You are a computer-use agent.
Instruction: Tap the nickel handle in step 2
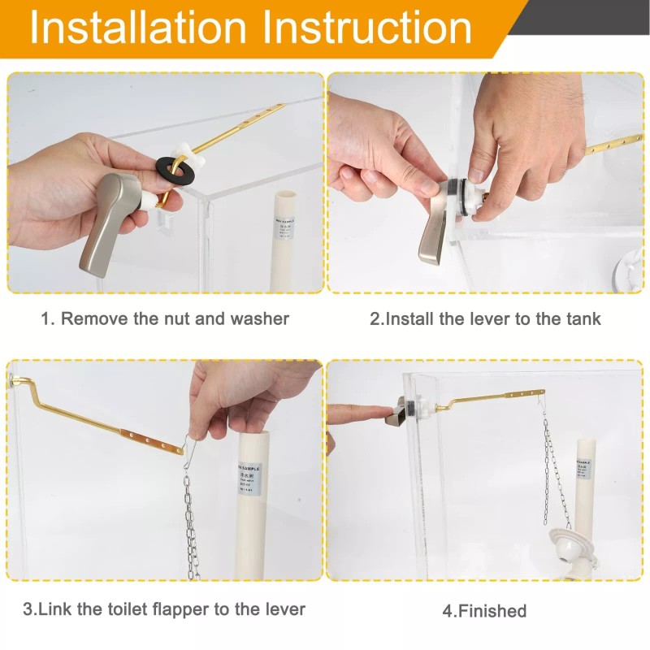click(x=432, y=236)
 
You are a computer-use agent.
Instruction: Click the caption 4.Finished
click(x=484, y=610)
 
